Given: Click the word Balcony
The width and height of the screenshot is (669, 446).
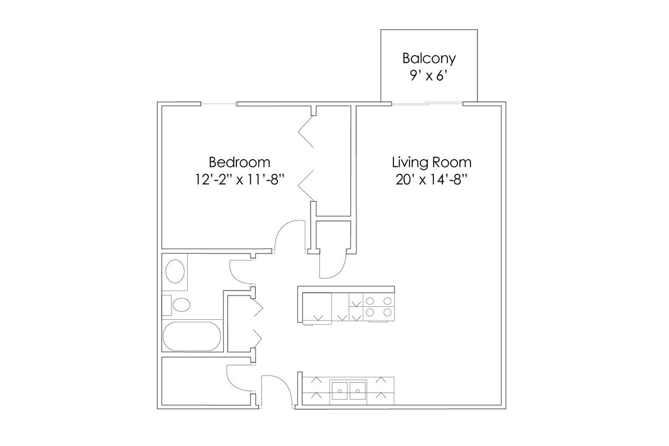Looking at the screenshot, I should pos(429,58).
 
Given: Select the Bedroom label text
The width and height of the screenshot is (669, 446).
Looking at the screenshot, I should pos(239,162).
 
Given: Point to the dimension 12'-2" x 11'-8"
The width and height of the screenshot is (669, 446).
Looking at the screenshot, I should pos(239,179).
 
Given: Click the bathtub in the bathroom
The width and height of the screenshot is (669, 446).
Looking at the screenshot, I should pos(192,337).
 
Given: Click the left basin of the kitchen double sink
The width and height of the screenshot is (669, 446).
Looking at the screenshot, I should pos(339,390).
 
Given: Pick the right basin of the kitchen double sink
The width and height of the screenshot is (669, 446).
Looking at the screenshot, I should pos(358,390).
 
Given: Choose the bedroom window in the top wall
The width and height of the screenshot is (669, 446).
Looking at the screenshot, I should pos(219,104).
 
